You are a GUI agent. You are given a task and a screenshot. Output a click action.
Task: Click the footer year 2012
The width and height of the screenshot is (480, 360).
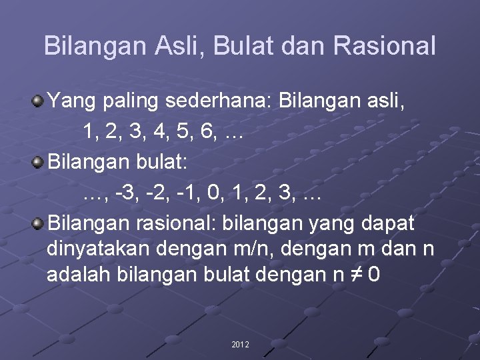pyautogui.click(x=240, y=345)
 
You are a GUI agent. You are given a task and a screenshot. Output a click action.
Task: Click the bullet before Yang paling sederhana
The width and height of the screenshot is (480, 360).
pyautogui.click(x=38, y=103)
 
